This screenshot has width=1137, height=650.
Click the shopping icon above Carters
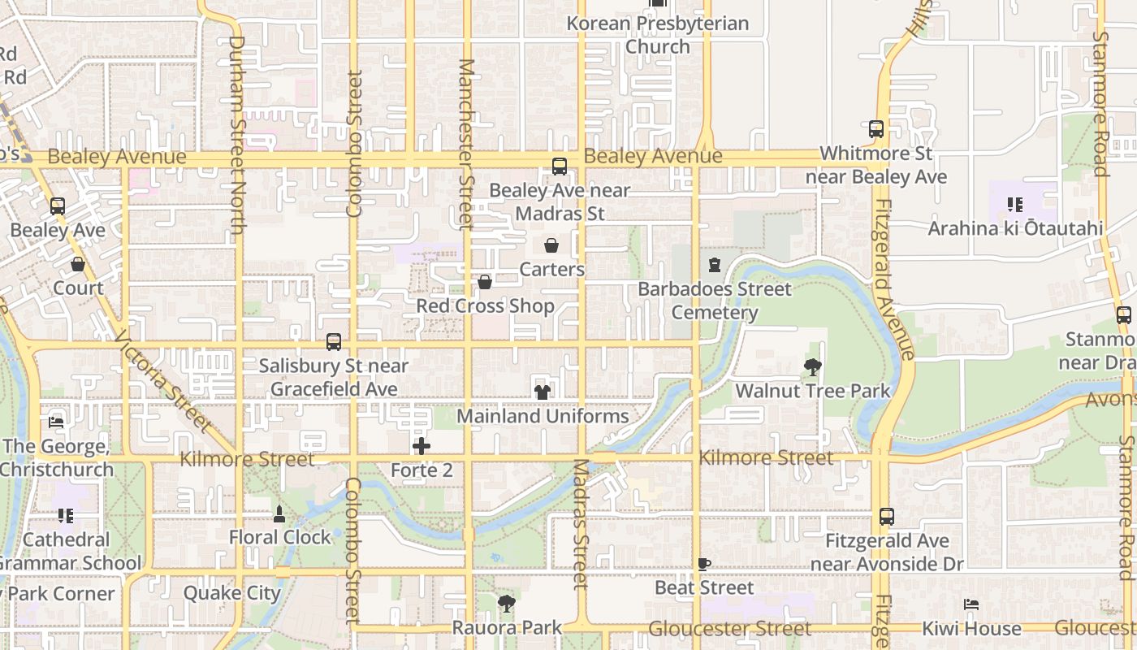(551, 245)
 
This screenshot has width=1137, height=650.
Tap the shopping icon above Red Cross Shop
(485, 282)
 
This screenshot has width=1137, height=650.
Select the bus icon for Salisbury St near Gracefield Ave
(334, 342)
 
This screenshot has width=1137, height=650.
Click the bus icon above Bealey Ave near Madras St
(560, 167)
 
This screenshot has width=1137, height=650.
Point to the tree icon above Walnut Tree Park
(812, 367)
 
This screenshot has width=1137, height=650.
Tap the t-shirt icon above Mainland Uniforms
(543, 392)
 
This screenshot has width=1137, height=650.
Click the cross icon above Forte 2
(422, 446)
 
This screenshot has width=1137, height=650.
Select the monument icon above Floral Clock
(279, 513)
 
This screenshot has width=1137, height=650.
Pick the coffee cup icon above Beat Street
(704, 564)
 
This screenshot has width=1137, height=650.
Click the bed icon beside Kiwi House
(971, 604)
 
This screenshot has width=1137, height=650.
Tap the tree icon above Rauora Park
(507, 604)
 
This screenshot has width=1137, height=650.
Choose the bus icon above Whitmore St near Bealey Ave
(876, 129)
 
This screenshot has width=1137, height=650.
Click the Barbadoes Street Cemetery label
(715, 301)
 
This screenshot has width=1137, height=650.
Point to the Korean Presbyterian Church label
(658, 35)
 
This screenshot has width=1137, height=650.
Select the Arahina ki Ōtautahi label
(1015, 228)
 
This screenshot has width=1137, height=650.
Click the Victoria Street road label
(163, 381)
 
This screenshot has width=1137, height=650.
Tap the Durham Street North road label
(236, 134)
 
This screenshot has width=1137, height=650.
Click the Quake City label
(232, 593)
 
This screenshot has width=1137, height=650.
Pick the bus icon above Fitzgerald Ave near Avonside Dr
(887, 517)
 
